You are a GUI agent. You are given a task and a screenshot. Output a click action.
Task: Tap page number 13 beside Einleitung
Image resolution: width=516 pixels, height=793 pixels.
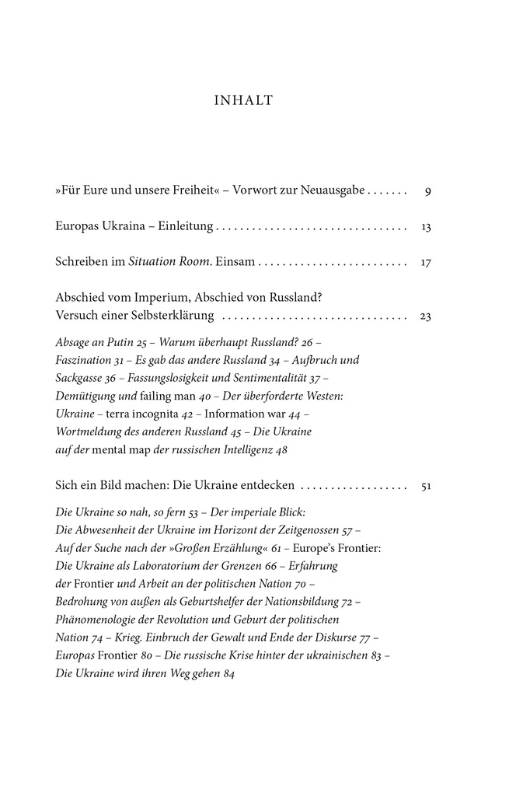coord(426,227)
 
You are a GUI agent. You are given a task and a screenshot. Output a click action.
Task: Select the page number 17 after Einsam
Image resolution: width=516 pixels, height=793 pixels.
coord(426,264)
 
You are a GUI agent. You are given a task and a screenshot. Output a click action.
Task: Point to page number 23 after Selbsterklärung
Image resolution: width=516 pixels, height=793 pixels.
coord(425,316)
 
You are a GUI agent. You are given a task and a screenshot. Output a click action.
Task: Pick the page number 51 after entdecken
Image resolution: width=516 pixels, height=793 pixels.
coord(425,486)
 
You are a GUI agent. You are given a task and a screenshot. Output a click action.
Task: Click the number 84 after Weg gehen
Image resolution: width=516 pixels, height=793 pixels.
coord(228,673)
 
